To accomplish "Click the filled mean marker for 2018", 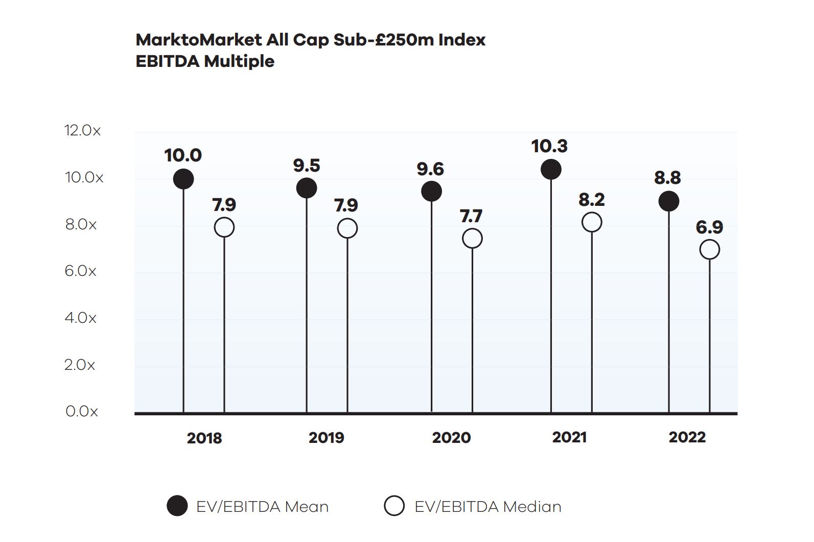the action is point(183,179).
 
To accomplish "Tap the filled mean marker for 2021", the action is point(551,169).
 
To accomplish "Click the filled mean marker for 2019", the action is point(307,188).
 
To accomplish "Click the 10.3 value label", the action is point(549,146).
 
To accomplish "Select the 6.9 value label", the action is point(709,227).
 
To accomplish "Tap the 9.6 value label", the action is point(430,169).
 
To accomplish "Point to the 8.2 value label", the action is point(592,199).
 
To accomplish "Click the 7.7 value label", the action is point(471,216).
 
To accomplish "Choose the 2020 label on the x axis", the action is point(451,438).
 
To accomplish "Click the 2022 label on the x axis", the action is point(687,437).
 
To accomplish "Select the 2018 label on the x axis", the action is point(204,438).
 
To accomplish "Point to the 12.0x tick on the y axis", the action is point(82,130).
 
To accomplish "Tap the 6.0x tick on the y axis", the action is point(80,271).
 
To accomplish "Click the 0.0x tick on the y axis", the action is point(82,411).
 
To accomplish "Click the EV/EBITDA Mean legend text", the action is point(262,507).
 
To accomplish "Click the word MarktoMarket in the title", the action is point(199,40).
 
